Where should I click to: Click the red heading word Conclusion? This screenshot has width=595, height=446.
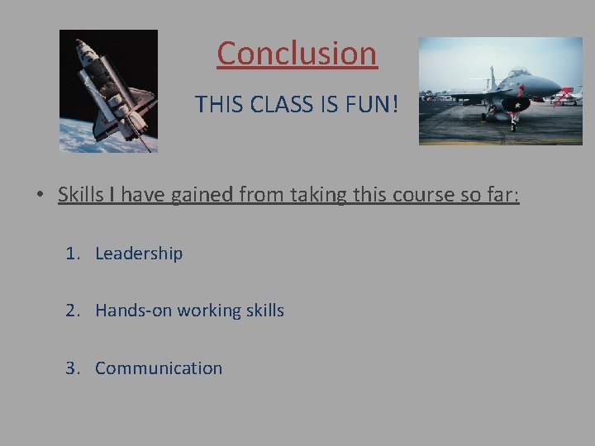tap(297, 54)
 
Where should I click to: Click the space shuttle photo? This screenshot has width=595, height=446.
tap(108, 91)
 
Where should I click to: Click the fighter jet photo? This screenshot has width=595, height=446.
tap(500, 91)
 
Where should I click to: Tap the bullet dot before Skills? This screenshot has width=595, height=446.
tap(40, 196)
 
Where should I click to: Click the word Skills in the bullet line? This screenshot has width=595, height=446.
tap(78, 195)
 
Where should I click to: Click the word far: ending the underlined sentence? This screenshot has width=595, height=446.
tap(501, 195)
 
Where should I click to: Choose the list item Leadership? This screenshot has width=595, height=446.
tap(139, 254)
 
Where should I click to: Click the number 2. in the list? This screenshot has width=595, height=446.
tap(74, 311)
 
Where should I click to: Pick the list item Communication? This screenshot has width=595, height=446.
tap(159, 368)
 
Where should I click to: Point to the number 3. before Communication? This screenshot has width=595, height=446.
tap(74, 368)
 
